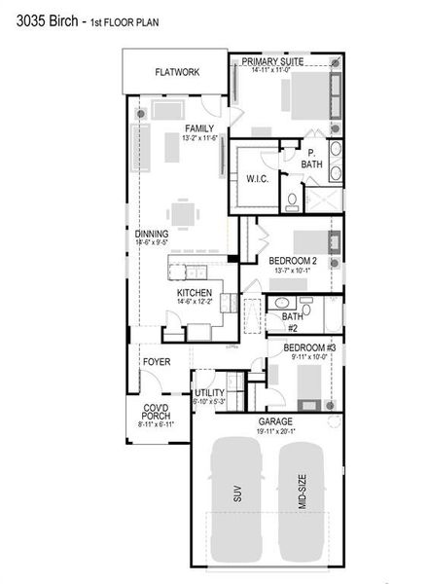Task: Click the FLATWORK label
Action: pyautogui.click(x=177, y=72)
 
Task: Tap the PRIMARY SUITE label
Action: pyautogui.click(x=273, y=60)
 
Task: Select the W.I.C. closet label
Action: pyautogui.click(x=258, y=178)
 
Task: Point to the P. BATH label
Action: pyautogui.click(x=311, y=160)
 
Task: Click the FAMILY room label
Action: pyautogui.click(x=199, y=128)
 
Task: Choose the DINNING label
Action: pyautogui.click(x=152, y=234)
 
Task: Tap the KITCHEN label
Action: pyautogui.click(x=195, y=292)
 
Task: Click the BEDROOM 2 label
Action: pyautogui.click(x=293, y=261)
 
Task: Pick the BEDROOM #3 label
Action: pyautogui.click(x=309, y=347)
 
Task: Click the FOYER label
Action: pyautogui.click(x=157, y=362)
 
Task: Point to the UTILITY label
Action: pyautogui.click(x=209, y=392)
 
